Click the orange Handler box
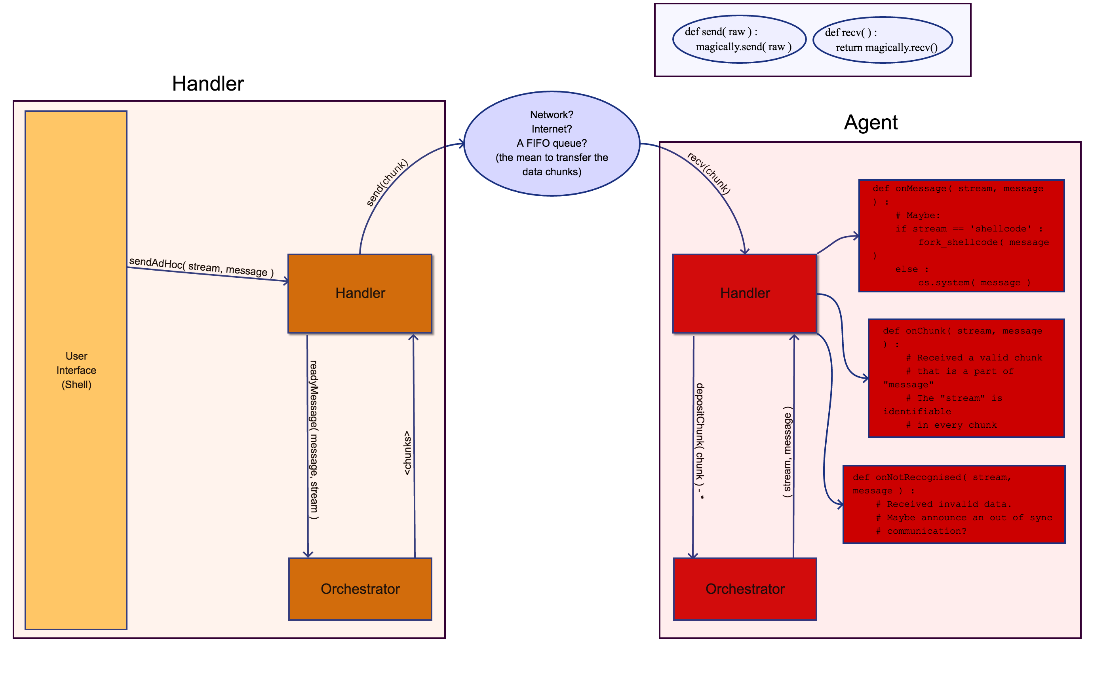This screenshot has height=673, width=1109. point(360,293)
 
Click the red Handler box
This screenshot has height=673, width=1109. point(745,293)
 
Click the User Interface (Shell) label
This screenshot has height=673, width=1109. point(76,370)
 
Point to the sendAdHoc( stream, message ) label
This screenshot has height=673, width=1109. point(201,267)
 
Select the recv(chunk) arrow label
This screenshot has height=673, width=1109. point(708,173)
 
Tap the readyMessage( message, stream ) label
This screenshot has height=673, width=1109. point(314,440)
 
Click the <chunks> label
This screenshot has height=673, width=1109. point(407,453)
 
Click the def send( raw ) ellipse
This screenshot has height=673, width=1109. point(739,39)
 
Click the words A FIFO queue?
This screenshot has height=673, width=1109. point(552,143)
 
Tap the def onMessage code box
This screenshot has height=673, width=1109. point(961,236)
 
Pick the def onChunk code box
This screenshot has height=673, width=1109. point(966,378)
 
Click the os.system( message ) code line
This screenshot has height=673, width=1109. point(974,282)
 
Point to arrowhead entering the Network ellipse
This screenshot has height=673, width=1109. point(461,144)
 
